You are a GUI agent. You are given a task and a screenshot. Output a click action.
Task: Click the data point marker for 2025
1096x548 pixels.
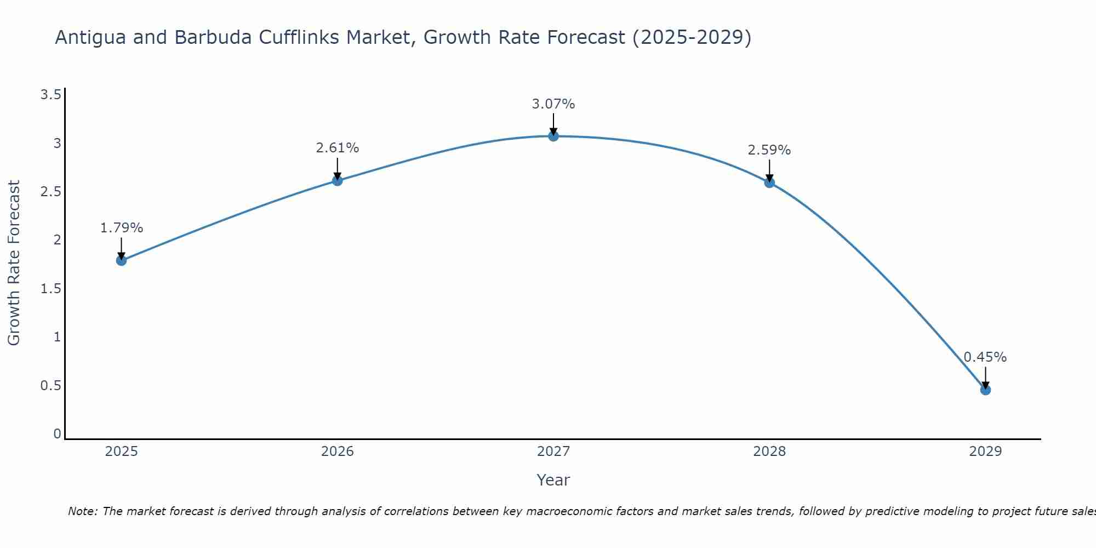coord(121,260)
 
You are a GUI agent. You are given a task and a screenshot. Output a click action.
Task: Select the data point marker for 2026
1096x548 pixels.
coord(338,180)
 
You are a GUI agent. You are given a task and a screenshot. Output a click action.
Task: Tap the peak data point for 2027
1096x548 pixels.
coord(553,136)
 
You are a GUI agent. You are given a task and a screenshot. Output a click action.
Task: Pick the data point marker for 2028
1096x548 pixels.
coord(769,182)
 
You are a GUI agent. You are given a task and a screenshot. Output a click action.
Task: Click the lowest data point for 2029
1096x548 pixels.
coord(985,390)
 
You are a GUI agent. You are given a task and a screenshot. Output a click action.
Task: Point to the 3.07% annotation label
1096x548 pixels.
coord(553,104)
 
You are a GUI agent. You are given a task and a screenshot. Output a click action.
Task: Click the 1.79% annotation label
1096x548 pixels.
coord(121,228)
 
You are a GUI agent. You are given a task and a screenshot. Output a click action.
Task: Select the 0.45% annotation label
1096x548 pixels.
coord(985,357)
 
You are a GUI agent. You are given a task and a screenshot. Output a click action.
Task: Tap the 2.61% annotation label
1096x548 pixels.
coord(338,148)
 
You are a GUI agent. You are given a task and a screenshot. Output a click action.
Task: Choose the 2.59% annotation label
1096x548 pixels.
coord(769,150)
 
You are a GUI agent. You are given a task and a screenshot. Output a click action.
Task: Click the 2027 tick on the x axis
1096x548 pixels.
coord(553,452)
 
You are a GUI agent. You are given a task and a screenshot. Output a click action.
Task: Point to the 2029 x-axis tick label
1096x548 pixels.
coord(985,452)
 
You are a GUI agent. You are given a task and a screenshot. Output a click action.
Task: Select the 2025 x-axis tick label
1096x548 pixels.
coord(121,452)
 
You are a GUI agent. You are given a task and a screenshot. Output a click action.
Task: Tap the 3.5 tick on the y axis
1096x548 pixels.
coord(50,95)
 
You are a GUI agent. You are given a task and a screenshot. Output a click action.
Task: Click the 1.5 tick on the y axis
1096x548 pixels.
coord(50,289)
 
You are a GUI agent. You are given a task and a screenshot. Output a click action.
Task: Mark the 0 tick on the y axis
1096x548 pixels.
coord(57,434)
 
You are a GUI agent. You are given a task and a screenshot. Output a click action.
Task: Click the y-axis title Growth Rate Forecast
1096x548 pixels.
coord(14,263)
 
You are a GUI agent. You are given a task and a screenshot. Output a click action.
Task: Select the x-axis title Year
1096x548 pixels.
coord(553,480)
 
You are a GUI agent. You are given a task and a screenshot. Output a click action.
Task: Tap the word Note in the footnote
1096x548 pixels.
coord(82,511)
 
